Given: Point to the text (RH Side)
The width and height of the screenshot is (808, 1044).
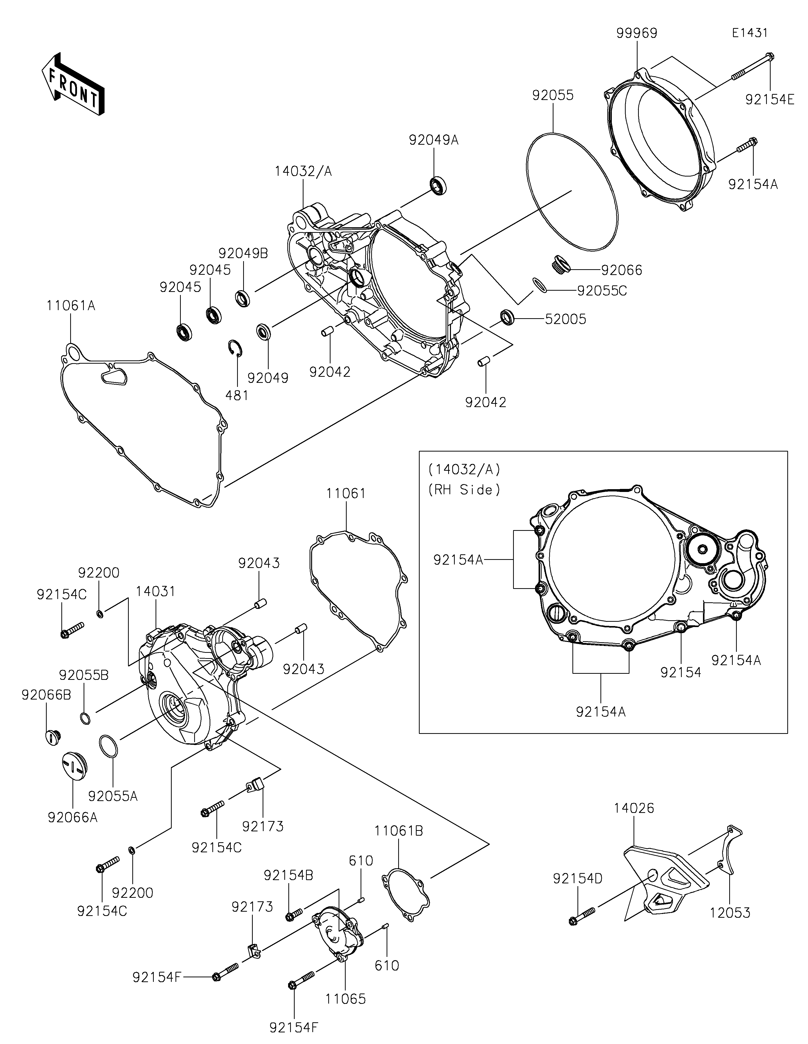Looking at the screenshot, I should pos(464,490).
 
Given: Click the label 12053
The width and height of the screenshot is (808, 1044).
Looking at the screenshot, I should pos(730,913).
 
